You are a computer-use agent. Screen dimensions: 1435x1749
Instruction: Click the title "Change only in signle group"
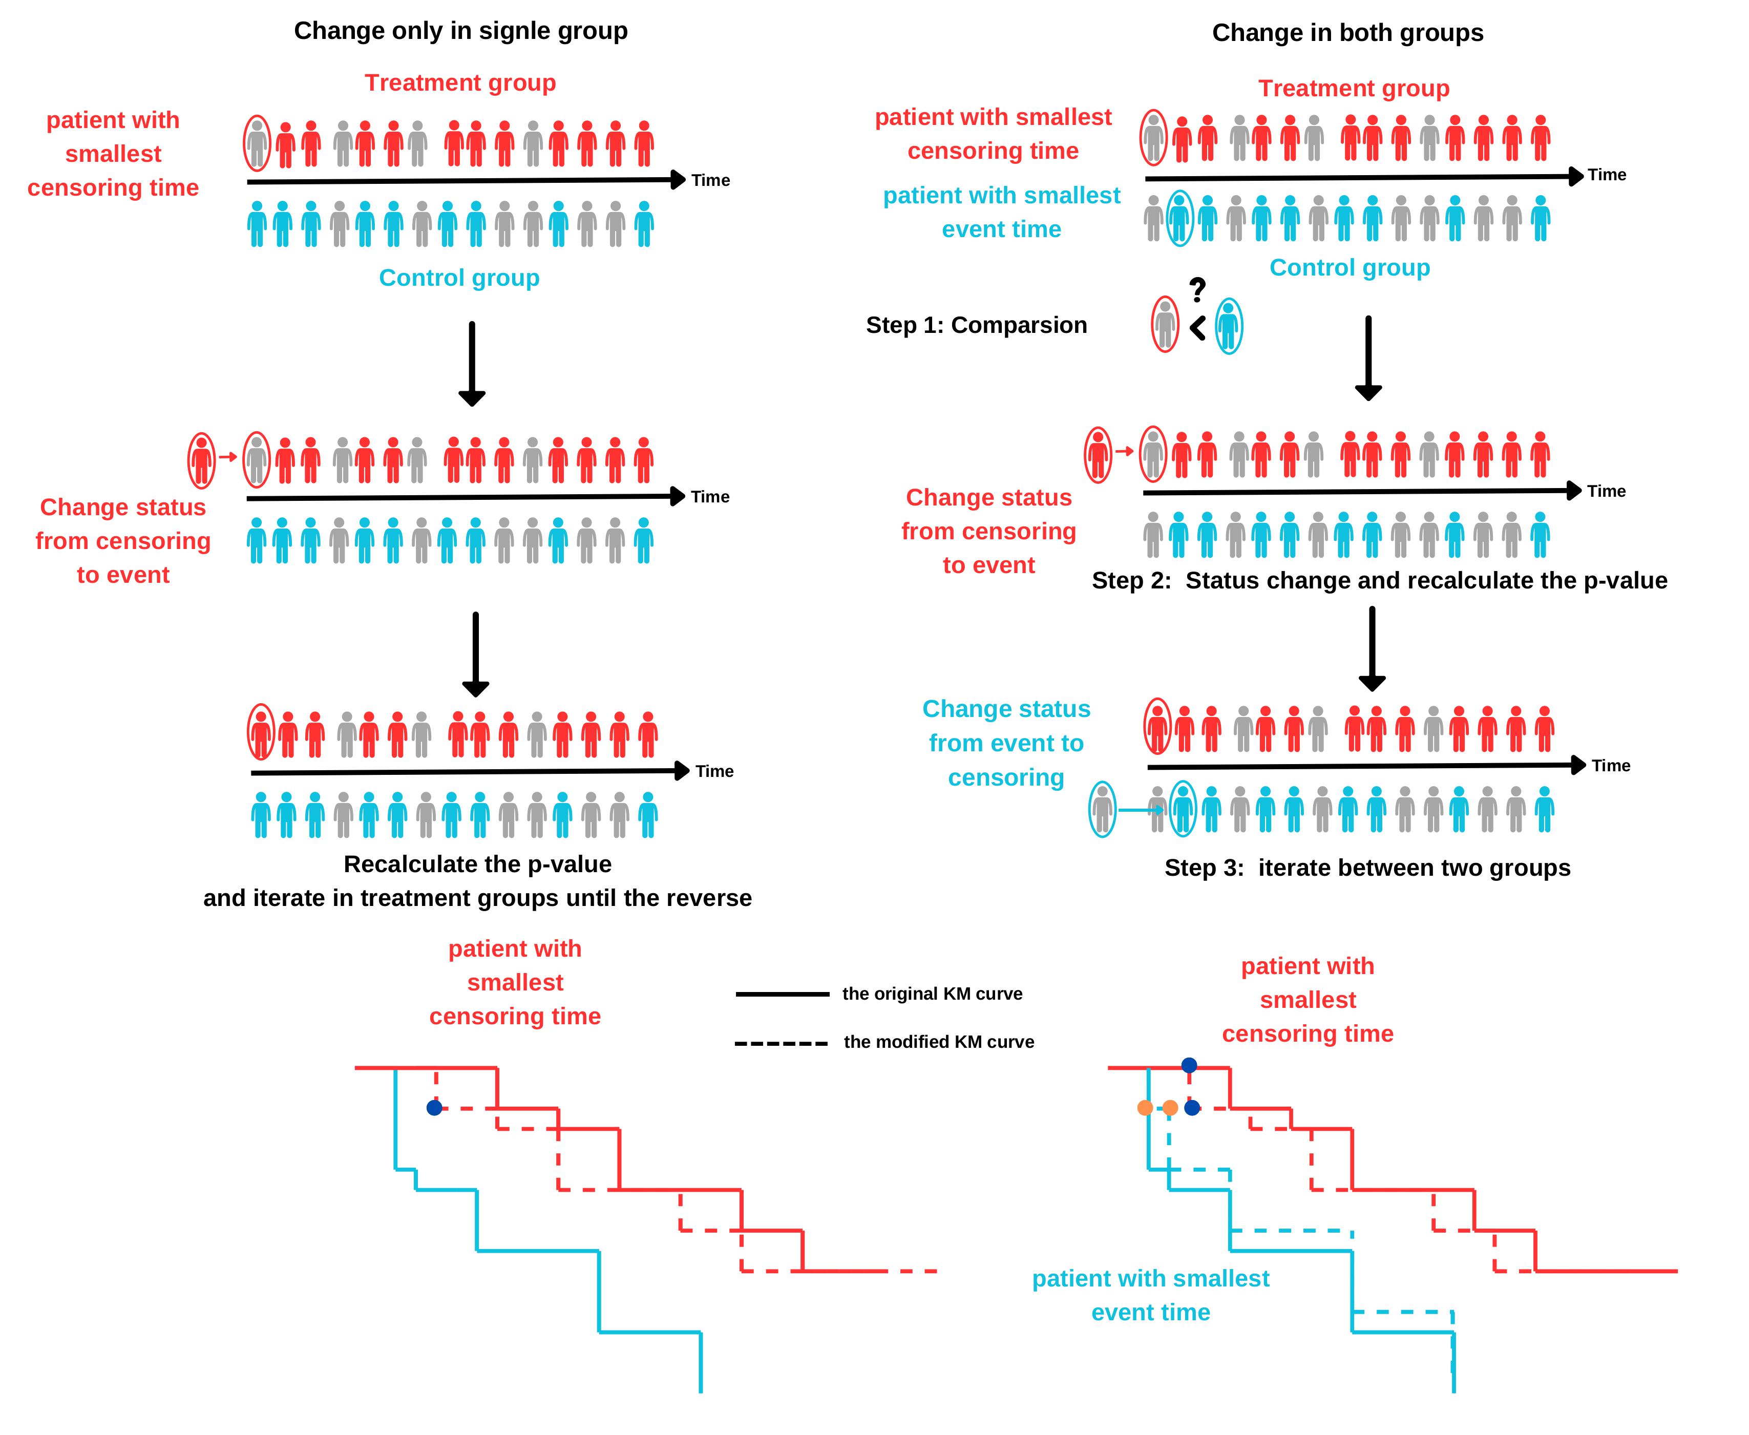(460, 31)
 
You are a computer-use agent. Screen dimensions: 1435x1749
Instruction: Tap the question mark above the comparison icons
(1197, 290)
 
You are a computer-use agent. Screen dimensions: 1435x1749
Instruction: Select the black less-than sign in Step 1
(1197, 328)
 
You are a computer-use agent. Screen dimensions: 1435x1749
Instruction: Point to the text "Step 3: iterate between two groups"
(1367, 868)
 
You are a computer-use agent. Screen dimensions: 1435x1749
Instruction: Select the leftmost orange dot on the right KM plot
(1145, 1108)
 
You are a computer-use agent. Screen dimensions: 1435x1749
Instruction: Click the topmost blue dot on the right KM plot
(1189, 1066)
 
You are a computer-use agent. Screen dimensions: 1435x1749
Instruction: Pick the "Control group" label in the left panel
(459, 278)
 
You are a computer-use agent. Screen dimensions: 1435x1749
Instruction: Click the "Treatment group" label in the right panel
(1353, 89)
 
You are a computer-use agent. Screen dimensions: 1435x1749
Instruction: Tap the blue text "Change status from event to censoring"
(1006, 743)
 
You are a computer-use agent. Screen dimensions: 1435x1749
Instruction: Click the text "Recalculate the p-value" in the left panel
(478, 864)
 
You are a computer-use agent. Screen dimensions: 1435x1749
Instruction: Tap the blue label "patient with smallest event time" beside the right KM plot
(1151, 1295)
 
